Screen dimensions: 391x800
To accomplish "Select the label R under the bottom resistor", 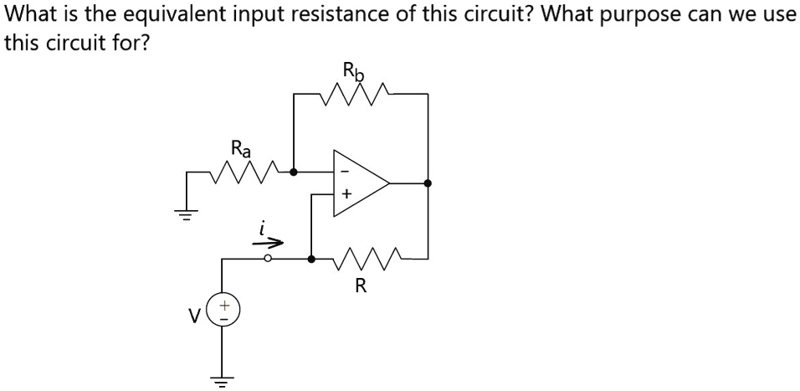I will [360, 286].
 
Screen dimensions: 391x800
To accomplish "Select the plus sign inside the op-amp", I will [345, 194].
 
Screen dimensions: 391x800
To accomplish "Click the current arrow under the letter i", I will [269, 243].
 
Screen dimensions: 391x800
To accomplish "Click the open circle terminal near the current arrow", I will [268, 260].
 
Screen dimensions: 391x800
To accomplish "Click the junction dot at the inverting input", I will [293, 172].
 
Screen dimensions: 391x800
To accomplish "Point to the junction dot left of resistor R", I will [311, 260].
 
